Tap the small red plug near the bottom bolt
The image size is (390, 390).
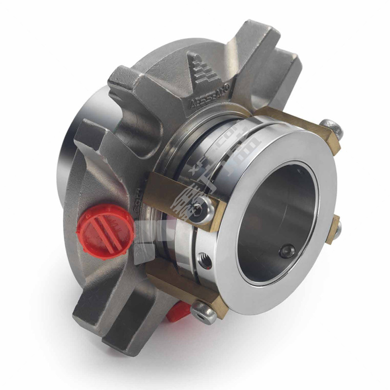click(178, 311)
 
